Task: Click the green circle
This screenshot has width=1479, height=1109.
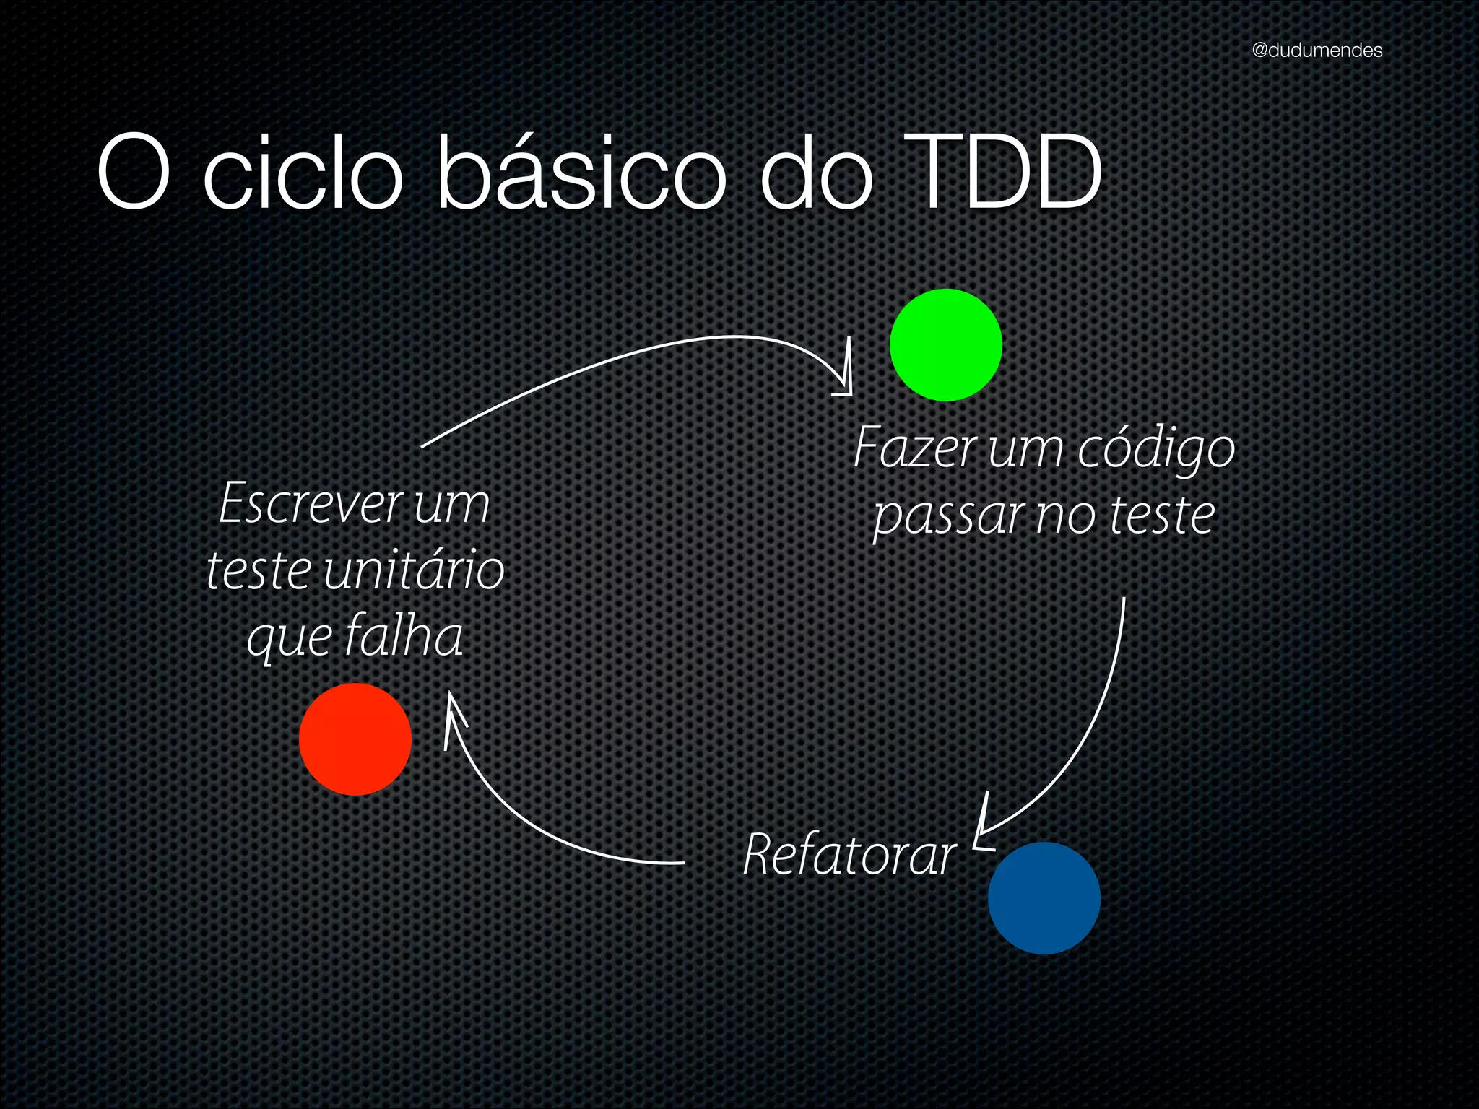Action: point(946,345)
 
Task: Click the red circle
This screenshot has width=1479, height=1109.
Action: point(355,739)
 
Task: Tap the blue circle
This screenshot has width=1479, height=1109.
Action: point(1044,898)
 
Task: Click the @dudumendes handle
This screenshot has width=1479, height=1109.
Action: point(1317,51)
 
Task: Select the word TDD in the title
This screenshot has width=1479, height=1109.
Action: point(1004,173)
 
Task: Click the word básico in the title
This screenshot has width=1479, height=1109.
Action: point(582,173)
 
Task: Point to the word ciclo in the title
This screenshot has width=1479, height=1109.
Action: point(303,173)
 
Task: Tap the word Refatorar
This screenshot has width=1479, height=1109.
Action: point(850,855)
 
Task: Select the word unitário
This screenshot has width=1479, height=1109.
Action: point(414,570)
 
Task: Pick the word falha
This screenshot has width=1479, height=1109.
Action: point(403,637)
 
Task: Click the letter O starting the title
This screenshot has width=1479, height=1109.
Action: point(134,173)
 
